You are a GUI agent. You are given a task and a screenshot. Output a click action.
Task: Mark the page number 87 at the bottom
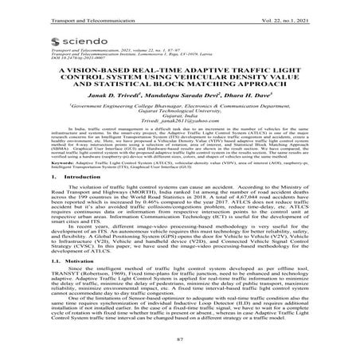tap(180, 351)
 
